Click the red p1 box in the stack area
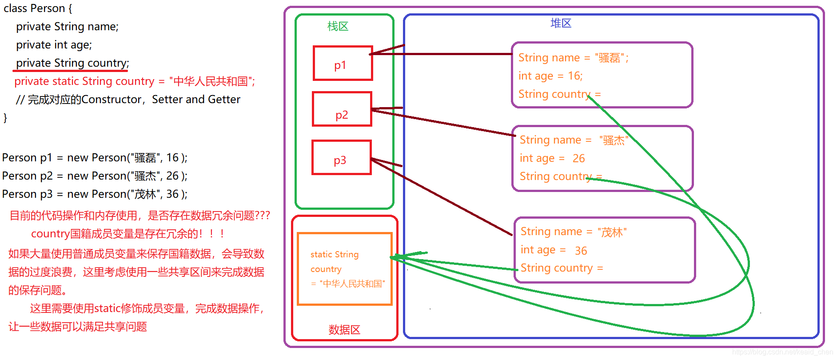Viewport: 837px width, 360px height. pos(343,63)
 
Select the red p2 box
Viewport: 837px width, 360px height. pos(342,109)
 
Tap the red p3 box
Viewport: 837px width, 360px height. pos(341,158)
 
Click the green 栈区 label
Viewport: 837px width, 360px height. pos(338,26)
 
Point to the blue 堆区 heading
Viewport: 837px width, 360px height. pos(561,23)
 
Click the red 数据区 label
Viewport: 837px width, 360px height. pos(344,329)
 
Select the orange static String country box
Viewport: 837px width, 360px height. pos(344,269)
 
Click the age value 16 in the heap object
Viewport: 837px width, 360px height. pos(575,76)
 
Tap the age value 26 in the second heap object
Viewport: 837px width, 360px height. pos(578,158)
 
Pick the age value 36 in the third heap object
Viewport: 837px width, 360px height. pos(581,251)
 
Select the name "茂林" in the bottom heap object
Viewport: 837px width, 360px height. pos(612,232)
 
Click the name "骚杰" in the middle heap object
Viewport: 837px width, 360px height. pos(614,140)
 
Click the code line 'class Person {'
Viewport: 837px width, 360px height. pos(38,8)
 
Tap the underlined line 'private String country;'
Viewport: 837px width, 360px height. pos(72,63)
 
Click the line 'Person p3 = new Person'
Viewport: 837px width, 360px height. pos(95,194)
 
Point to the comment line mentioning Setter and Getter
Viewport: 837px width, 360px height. pos(128,100)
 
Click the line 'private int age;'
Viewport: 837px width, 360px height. pos(54,45)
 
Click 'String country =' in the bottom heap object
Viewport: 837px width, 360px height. pos(562,268)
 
